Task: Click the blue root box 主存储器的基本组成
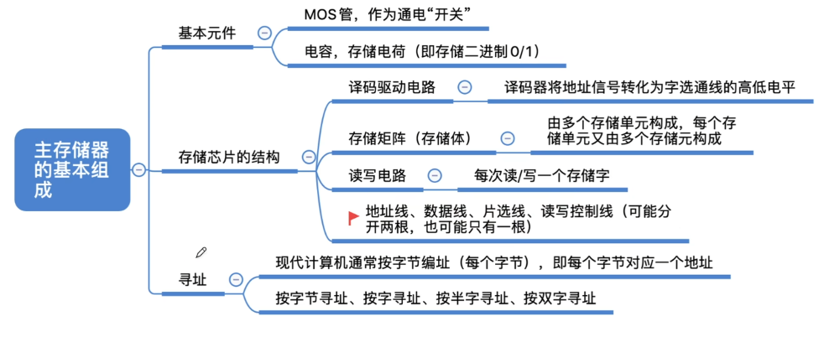[x=72, y=169]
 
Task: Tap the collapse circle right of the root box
[x=138, y=169]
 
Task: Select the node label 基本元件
[x=207, y=34]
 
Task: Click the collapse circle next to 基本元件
[x=264, y=34]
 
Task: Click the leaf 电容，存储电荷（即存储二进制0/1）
[x=423, y=51]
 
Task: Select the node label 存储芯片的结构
[x=229, y=157]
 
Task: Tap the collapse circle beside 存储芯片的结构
[x=309, y=157]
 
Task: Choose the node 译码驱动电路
[x=392, y=87]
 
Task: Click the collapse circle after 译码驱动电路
[x=465, y=87]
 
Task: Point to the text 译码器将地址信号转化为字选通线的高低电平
[x=650, y=87]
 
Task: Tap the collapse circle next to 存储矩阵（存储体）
[x=507, y=138]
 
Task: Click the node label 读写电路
[x=378, y=175]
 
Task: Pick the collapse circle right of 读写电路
[x=435, y=175]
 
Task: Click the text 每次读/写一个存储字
[x=542, y=175]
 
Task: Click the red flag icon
[x=353, y=218]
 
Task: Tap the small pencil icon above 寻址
[x=201, y=252]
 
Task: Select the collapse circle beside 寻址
[x=237, y=279]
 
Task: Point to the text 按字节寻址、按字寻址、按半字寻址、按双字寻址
[x=435, y=298]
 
